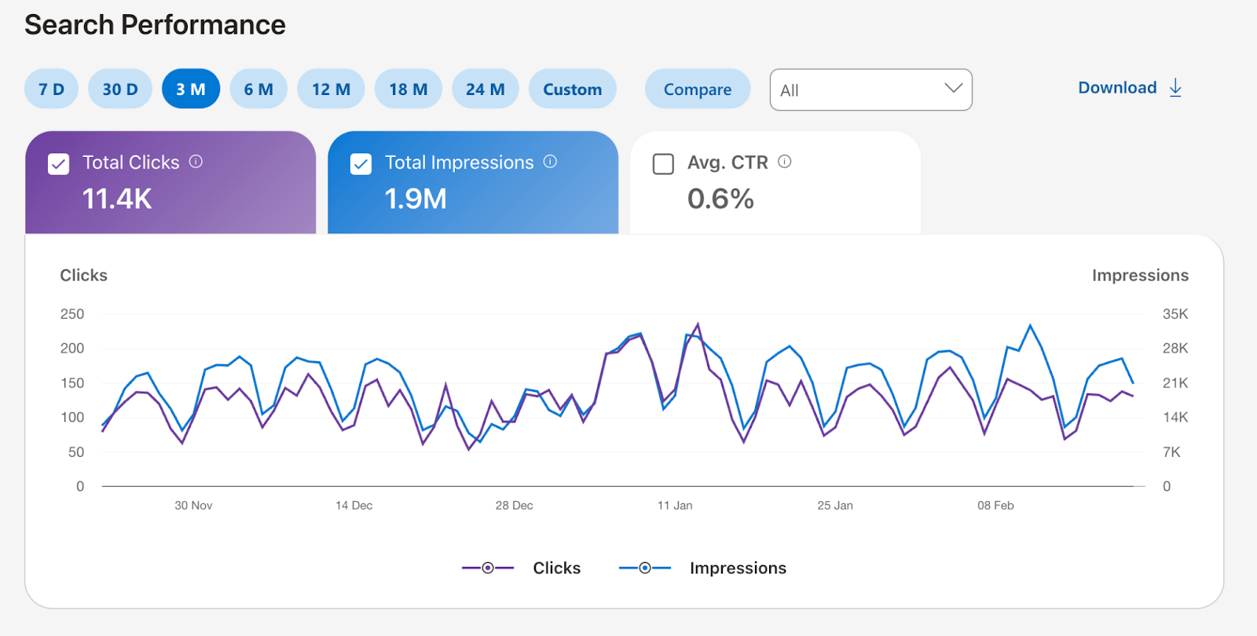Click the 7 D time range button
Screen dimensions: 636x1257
tap(51, 89)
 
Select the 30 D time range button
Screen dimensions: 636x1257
tap(119, 89)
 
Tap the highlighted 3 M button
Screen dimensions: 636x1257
tap(190, 89)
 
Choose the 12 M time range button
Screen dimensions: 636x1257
tap(331, 89)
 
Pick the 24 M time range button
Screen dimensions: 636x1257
tap(485, 89)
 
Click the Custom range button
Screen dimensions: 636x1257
tap(572, 89)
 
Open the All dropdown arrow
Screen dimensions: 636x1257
tap(953, 88)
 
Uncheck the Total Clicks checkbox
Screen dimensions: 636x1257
tap(59, 164)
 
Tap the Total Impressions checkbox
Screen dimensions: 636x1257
tap(361, 164)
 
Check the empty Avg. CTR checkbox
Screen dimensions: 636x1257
tap(663, 164)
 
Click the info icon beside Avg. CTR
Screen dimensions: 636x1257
tap(784, 162)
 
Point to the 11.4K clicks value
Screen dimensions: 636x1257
tap(117, 199)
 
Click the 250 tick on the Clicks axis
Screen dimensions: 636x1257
tap(72, 314)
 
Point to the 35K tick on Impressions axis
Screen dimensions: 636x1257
tap(1175, 314)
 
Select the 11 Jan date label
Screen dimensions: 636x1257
tap(675, 506)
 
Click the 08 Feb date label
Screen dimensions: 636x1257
tap(995, 506)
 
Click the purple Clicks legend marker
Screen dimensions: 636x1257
tap(488, 568)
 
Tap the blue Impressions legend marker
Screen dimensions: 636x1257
tap(645, 568)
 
